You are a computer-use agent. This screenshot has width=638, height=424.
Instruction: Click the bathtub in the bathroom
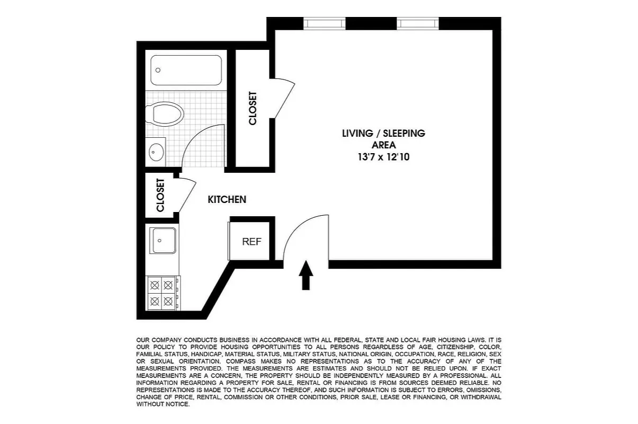pos(186,70)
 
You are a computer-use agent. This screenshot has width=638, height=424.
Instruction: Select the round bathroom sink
pos(155,152)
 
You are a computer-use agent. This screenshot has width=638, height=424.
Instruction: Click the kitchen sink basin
pos(163,241)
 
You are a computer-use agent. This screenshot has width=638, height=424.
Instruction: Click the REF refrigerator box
pos(251,242)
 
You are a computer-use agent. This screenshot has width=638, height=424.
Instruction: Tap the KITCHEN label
pos(227,200)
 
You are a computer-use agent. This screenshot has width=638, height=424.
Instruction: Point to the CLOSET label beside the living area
pos(253,109)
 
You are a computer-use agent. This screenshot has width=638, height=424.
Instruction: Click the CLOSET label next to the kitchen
pos(160,195)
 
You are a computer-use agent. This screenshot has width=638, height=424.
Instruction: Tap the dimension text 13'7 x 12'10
pos(383,157)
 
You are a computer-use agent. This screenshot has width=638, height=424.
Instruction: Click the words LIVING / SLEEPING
pos(383,133)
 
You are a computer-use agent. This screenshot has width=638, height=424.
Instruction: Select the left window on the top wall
pos(324,24)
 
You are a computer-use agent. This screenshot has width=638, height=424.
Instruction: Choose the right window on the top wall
pos(417,24)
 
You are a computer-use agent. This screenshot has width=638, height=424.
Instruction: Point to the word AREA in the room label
pos(383,145)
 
